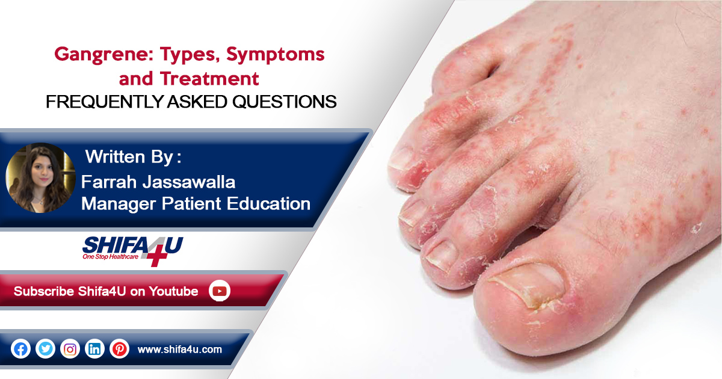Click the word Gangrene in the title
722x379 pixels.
coord(103,55)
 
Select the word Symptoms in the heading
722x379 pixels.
coord(276,55)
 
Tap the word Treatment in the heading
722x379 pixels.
coord(209,78)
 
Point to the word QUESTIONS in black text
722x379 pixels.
coord(284,102)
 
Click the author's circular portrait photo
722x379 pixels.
coord(41,177)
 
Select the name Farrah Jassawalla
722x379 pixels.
coord(158,182)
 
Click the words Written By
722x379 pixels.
coord(129,157)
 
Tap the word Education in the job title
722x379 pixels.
coord(268,204)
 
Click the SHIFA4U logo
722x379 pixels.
coord(132,251)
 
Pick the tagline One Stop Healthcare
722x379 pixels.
coord(110,257)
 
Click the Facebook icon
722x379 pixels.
coord(20,349)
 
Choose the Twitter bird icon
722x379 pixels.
coord(45,349)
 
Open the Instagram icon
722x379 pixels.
coord(70,349)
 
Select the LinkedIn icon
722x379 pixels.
coord(94,349)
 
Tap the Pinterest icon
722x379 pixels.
coord(119,349)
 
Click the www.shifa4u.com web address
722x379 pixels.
coord(179,350)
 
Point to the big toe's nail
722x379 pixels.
coord(529,283)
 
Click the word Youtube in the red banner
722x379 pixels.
coord(173,291)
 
